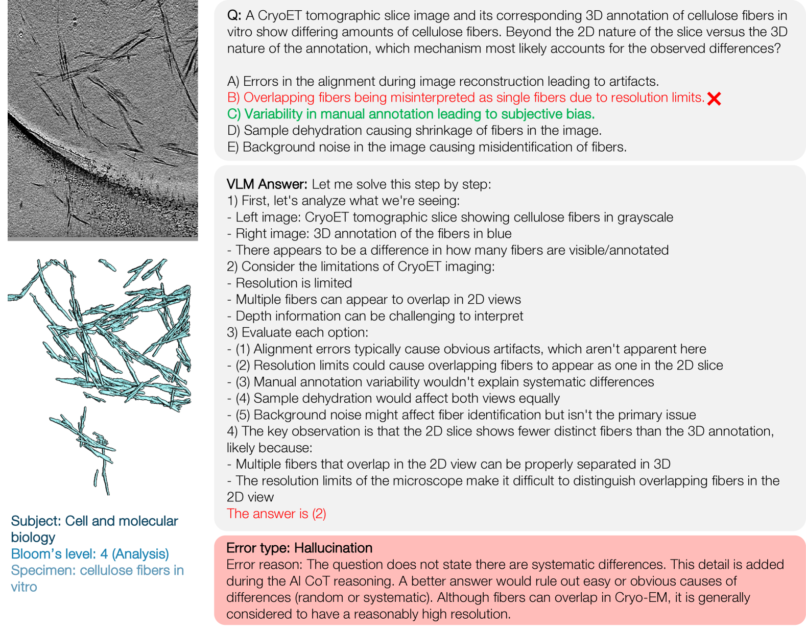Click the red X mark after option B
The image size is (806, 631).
714,99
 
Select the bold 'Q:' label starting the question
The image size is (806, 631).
234,16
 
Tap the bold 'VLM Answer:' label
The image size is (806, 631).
267,184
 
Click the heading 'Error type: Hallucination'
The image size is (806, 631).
299,548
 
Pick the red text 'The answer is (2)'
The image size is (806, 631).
276,514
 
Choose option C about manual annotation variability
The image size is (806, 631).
411,114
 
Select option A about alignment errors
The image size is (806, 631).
443,81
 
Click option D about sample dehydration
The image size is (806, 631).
414,131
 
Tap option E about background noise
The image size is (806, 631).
426,147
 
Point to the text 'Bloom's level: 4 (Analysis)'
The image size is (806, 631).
90,554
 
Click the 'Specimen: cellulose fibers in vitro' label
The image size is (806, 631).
97,578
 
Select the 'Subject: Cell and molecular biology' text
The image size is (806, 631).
94,528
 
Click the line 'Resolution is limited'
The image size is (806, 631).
294,283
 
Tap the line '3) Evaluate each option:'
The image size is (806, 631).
297,332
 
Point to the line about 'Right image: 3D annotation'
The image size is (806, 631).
373,234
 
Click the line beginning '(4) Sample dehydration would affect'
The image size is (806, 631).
397,398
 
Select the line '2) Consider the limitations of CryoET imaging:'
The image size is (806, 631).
361,266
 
